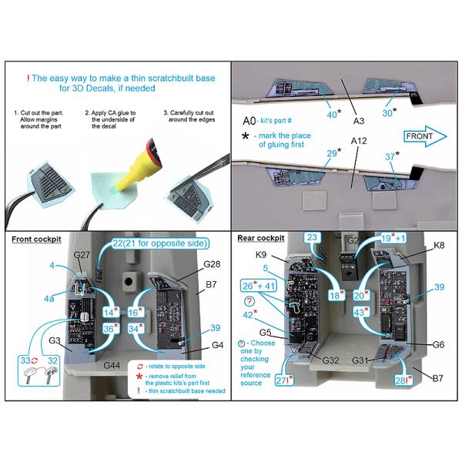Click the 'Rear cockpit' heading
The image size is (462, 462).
coord(261,239)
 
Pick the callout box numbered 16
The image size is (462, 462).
coord(135,312)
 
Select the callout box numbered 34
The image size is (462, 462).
coord(135,329)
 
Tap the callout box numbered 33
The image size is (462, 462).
coord(23,359)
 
